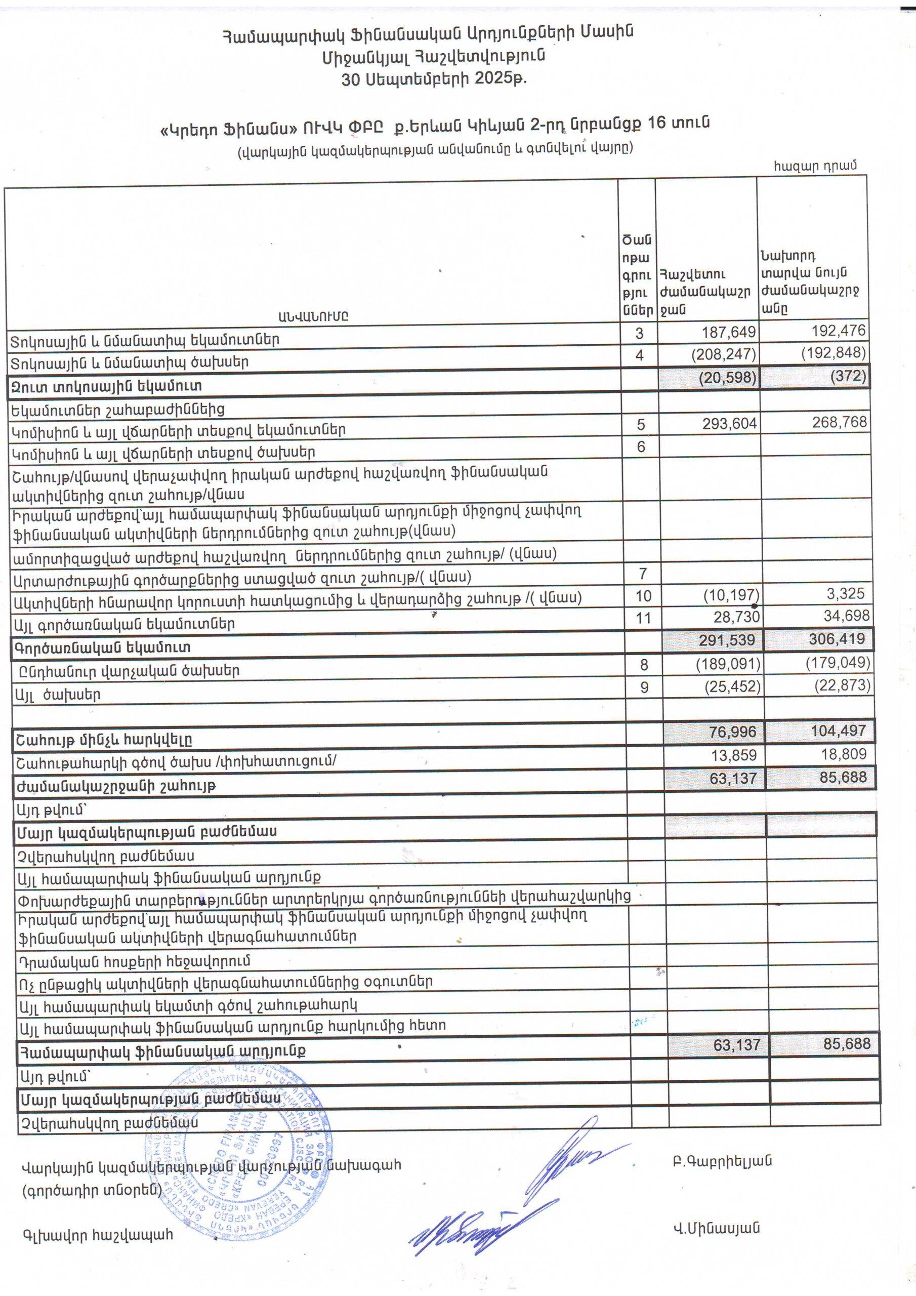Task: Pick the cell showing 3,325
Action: [843, 594]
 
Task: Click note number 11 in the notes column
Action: [643, 619]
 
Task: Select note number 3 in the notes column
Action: [640, 334]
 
